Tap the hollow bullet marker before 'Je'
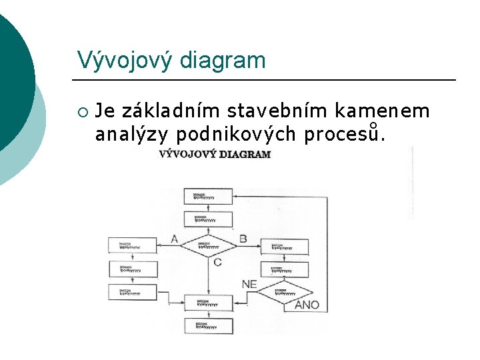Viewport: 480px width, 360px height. [82, 111]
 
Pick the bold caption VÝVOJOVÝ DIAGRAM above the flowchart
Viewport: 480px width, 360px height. [215, 154]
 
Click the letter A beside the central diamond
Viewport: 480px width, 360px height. [174, 239]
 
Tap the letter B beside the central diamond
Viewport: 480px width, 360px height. [243, 239]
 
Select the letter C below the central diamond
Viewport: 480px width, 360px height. [217, 262]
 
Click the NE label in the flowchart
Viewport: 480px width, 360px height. [249, 284]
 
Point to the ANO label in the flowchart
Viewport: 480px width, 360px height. [307, 305]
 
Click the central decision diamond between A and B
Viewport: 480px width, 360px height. [208, 245]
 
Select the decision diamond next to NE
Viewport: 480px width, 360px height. [285, 292]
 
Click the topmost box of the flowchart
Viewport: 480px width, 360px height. [208, 196]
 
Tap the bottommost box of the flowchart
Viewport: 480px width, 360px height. [208, 326]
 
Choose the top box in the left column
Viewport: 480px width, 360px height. [133, 245]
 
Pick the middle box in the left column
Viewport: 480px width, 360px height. [133, 269]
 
